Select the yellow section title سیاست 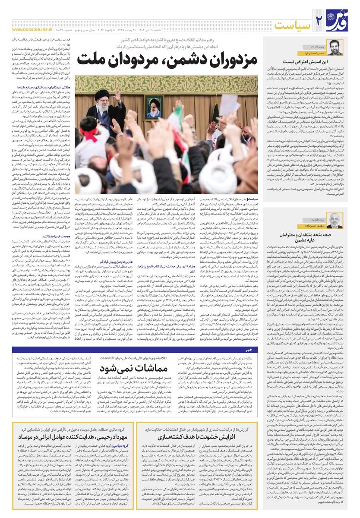(292, 25)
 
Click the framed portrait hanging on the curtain (155, 108)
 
